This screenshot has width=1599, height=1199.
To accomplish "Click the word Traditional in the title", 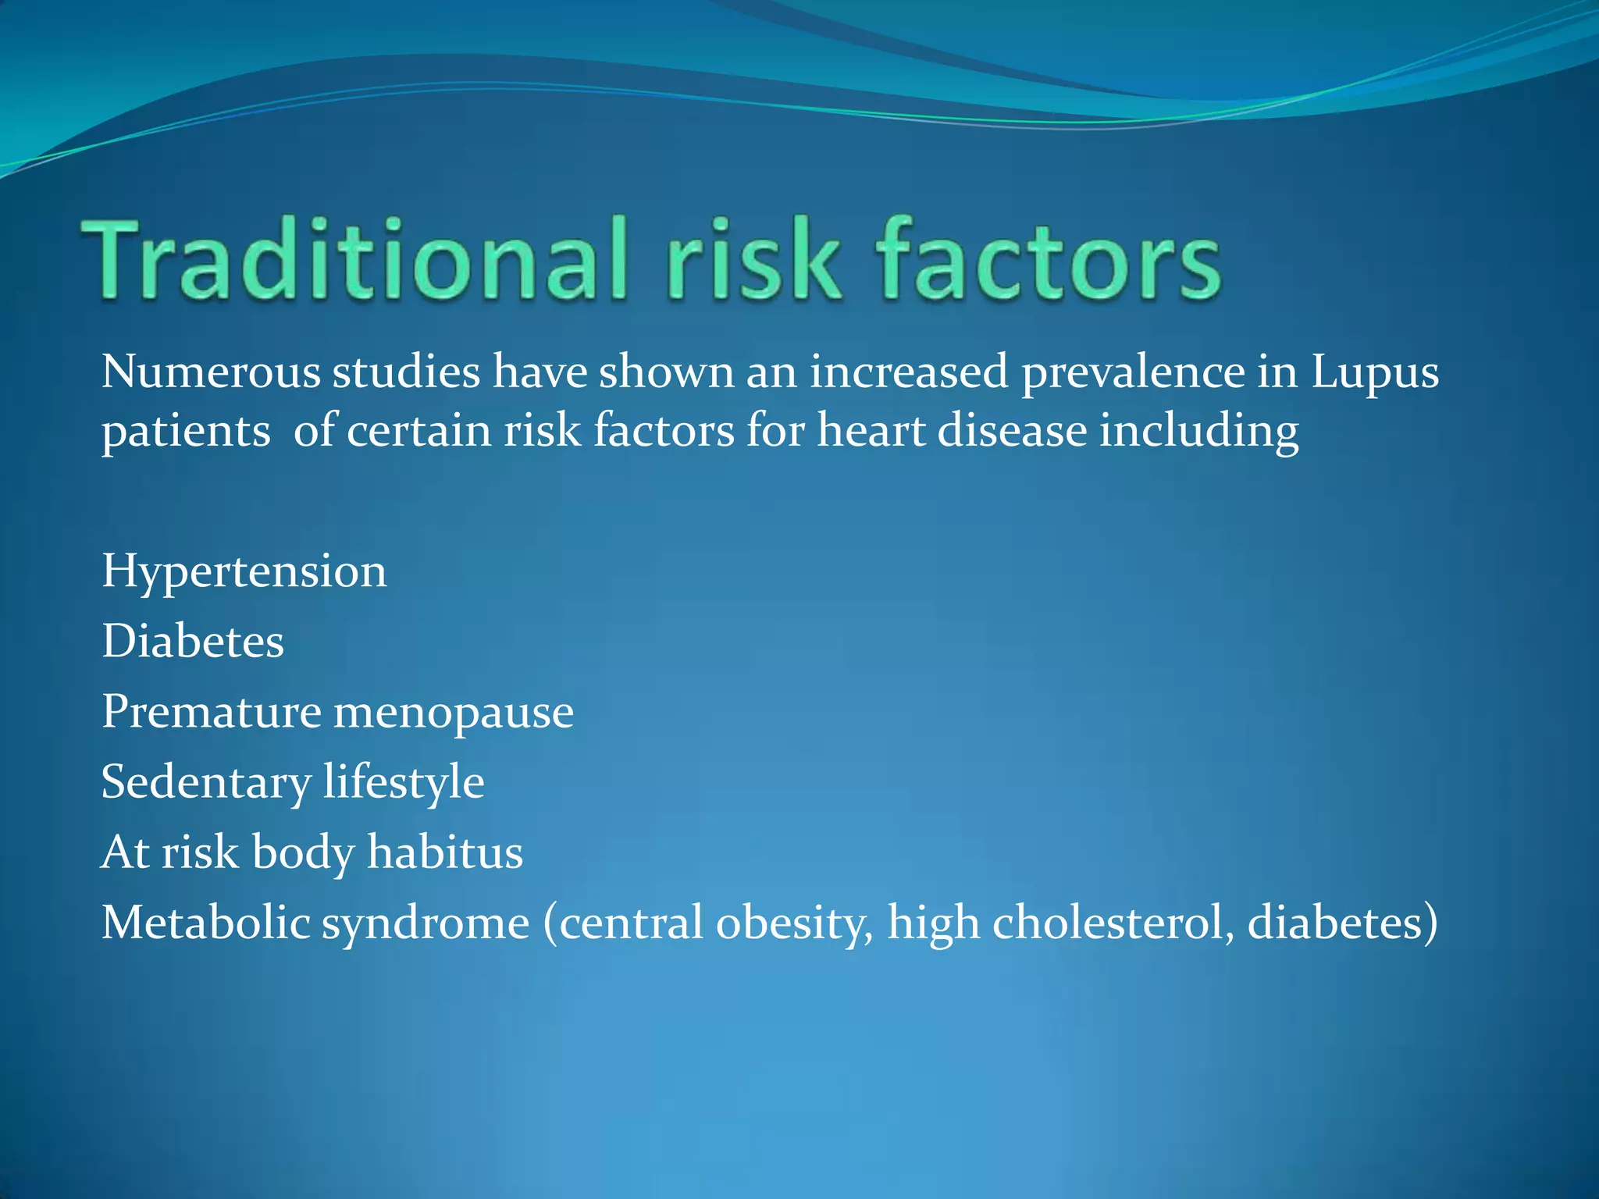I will coord(355,258).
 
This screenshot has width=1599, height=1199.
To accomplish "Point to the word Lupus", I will coord(1374,373).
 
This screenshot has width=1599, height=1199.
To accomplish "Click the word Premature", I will coord(212,712).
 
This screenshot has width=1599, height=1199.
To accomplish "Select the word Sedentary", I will coord(206,783).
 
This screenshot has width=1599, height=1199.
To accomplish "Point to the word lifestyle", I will coord(404,783).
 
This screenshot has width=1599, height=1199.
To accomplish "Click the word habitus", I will coord(445,852).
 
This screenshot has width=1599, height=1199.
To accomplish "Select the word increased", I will coord(909,372).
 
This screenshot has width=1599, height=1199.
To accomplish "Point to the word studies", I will coord(406,372).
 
